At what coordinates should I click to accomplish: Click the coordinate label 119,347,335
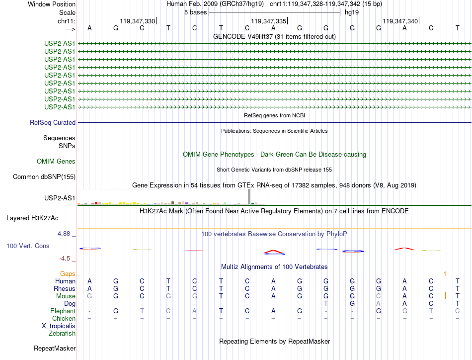pyautogui.click(x=269, y=21)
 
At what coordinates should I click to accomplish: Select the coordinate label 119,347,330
pyautogui.click(x=138, y=21)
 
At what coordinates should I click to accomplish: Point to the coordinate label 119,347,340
pyautogui.click(x=400, y=21)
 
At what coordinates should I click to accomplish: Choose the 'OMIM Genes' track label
pyautogui.click(x=56, y=161)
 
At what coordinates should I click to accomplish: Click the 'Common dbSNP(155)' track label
pyautogui.click(x=44, y=177)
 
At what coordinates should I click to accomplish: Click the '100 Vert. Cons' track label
pyautogui.click(x=28, y=246)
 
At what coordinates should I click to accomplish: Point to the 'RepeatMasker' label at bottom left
pyautogui.click(x=55, y=348)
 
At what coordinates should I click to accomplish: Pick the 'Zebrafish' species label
pyautogui.click(x=62, y=333)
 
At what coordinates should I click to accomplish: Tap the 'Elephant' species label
pyautogui.click(x=63, y=311)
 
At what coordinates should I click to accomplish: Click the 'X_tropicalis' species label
pyautogui.click(x=59, y=326)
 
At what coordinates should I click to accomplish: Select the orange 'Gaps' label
pyautogui.click(x=68, y=273)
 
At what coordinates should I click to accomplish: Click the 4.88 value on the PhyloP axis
pyautogui.click(x=66, y=233)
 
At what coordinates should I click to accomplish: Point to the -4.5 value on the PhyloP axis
pyautogui.click(x=67, y=258)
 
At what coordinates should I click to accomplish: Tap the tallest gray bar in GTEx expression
pyautogui.click(x=249, y=196)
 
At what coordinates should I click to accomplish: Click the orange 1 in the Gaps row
pyautogui.click(x=445, y=273)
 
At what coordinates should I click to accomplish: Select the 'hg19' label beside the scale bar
pyautogui.click(x=352, y=12)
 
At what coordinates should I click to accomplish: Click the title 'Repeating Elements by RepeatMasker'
pyautogui.click(x=274, y=341)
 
